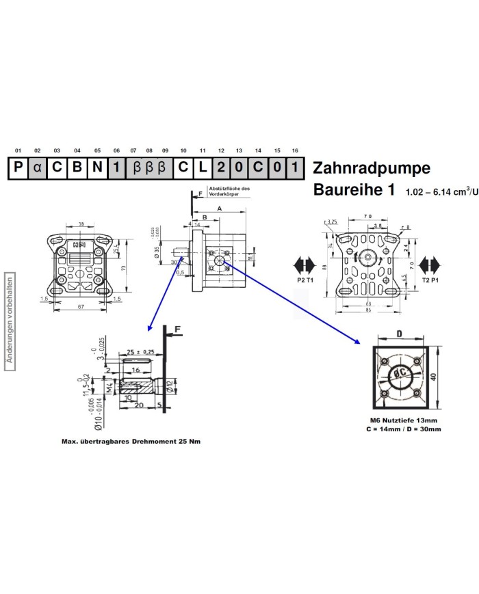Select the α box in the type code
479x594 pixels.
tap(38, 167)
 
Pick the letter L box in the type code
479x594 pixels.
tap(203, 167)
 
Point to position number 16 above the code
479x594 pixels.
tap(295, 150)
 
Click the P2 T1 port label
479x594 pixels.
tap(305, 280)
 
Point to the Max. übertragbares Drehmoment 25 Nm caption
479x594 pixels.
tap(131, 442)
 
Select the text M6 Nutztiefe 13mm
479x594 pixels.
tap(402, 420)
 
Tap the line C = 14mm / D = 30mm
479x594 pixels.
tap(402, 429)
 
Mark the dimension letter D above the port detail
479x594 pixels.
tap(400, 334)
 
